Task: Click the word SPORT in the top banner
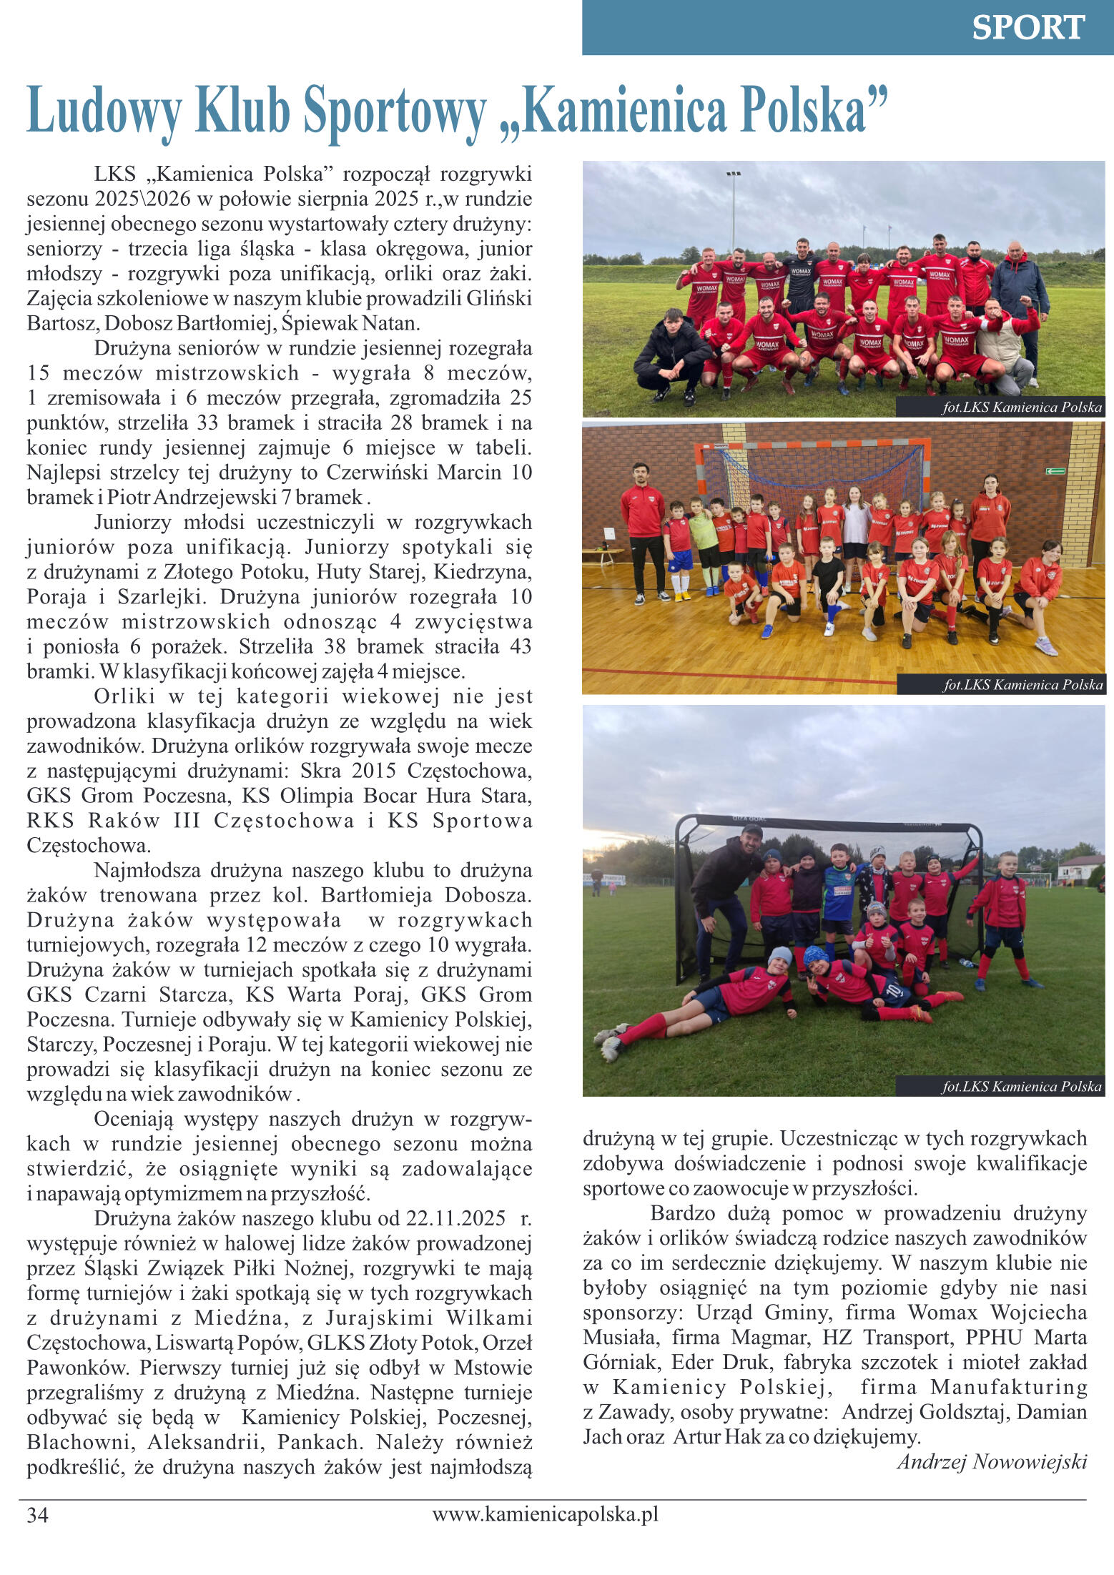tap(1027, 28)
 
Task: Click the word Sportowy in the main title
tap(395, 111)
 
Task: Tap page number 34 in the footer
tap(37, 1515)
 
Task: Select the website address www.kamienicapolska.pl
tap(545, 1514)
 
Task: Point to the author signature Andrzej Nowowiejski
tap(992, 1461)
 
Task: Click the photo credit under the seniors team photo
tap(1022, 408)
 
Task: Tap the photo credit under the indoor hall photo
tap(1022, 684)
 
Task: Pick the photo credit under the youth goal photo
tap(1021, 1087)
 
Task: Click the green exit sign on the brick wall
tap(1055, 471)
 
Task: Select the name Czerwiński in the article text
tap(378, 473)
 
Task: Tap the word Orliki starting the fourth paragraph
tap(124, 696)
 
